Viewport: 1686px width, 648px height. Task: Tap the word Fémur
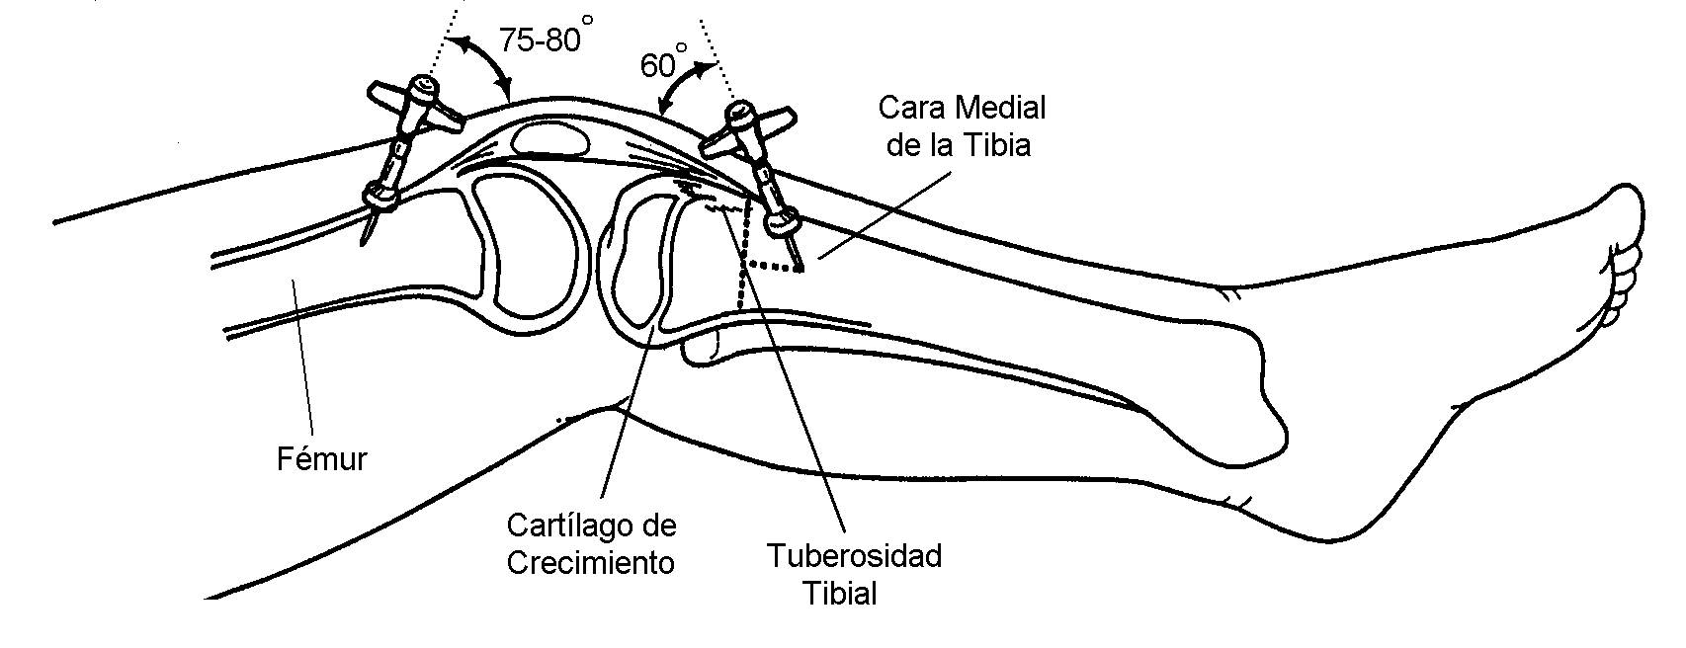click(x=320, y=458)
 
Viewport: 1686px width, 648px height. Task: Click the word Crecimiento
click(x=591, y=562)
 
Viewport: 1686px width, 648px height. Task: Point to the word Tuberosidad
click(x=854, y=555)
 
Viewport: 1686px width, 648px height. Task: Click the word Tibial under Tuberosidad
click(x=839, y=594)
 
